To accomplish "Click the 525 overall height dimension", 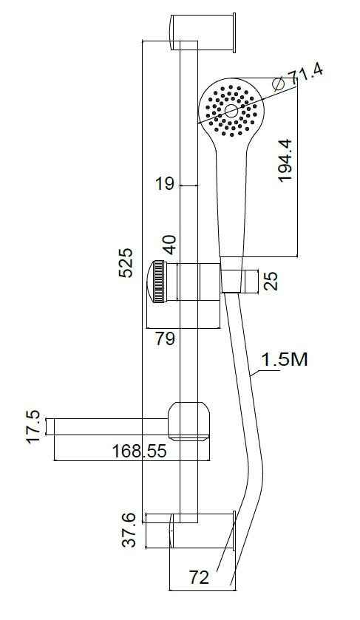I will tap(127, 263).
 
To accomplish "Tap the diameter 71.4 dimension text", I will tap(306, 74).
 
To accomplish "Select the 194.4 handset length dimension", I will tap(285, 158).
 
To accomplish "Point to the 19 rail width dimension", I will tap(164, 184).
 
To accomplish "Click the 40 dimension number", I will tap(169, 243).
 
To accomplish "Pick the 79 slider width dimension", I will tap(166, 339).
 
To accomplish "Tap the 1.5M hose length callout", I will tap(283, 360).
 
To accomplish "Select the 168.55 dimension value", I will tap(139, 451).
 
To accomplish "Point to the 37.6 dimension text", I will tap(130, 530).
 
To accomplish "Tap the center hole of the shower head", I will tap(231, 111).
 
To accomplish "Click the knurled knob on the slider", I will tap(158, 282).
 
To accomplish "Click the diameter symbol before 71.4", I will tap(279, 84).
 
